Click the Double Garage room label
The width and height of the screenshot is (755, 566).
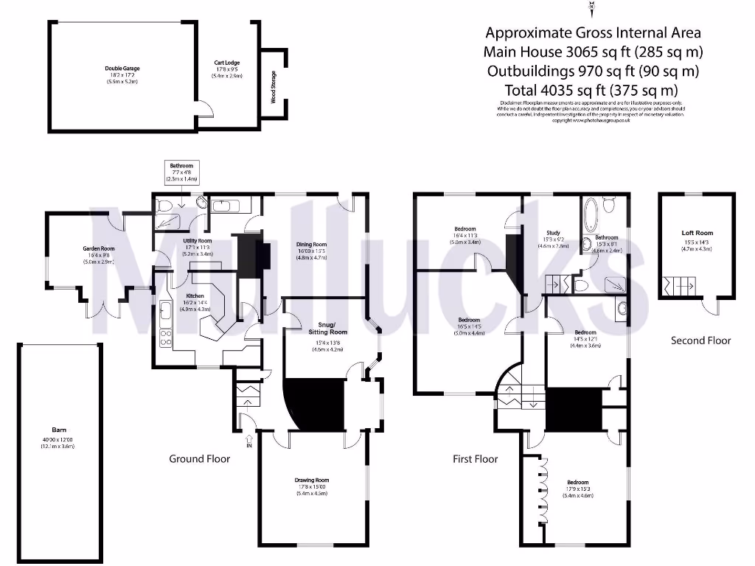click(122, 69)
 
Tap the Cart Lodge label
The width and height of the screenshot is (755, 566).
click(227, 63)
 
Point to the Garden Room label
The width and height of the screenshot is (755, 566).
click(98, 249)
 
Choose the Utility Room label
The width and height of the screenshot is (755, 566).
click(197, 241)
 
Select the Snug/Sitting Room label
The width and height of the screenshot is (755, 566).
click(328, 328)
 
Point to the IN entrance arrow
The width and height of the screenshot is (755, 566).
click(249, 443)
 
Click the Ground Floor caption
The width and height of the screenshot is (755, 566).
click(200, 458)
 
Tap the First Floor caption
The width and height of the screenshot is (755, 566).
click(475, 458)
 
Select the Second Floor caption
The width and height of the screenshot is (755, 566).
click(700, 340)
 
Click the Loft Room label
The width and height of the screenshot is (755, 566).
click(697, 233)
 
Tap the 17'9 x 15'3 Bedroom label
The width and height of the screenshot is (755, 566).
click(577, 483)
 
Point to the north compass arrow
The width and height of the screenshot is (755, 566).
click(591, 9)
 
